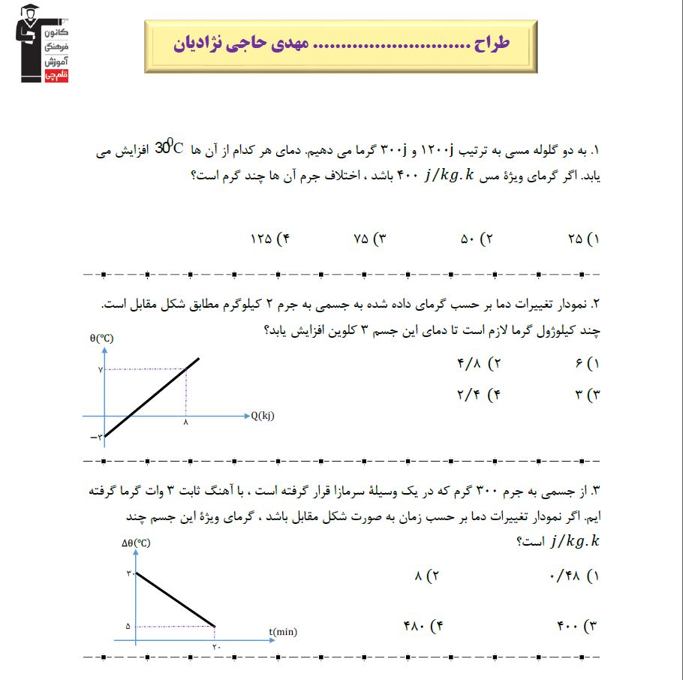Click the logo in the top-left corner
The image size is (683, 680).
[42, 44]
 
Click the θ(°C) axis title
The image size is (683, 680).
[101, 338]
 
